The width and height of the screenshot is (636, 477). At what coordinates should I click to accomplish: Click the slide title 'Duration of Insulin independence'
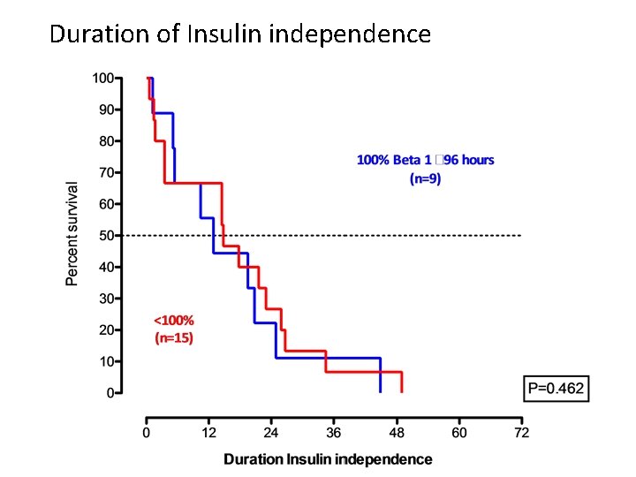click(240, 34)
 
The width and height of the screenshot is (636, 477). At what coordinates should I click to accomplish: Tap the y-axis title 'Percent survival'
click(72, 233)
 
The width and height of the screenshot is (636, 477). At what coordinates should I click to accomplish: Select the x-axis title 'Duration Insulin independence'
click(328, 459)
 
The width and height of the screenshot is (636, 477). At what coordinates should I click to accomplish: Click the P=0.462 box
click(556, 389)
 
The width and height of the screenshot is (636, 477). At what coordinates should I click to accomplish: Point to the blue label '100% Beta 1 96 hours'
click(425, 160)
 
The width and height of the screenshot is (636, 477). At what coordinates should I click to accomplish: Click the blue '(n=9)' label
click(425, 178)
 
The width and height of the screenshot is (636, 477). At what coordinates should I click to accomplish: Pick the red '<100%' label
click(174, 320)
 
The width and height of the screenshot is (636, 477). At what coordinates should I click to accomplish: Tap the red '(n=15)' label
click(174, 337)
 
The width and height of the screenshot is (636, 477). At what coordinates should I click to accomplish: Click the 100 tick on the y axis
click(102, 78)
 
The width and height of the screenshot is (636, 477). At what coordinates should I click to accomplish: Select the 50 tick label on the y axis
click(106, 235)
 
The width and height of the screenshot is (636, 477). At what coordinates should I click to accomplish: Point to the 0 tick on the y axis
click(110, 392)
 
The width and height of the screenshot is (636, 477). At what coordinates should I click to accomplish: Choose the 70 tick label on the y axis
click(106, 172)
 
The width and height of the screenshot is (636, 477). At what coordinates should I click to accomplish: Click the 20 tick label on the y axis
click(106, 329)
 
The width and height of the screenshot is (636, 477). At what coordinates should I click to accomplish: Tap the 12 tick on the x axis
click(209, 433)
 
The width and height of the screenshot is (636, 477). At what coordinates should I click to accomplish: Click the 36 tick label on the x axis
click(334, 433)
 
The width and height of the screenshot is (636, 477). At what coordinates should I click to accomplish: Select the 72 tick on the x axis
click(522, 433)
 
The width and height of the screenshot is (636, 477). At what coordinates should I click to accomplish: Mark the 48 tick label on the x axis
click(397, 433)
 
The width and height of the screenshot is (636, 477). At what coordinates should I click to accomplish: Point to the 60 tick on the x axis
click(459, 433)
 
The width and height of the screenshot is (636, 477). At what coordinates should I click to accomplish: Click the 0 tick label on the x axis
click(147, 433)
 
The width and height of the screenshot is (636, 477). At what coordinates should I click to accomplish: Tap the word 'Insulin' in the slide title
click(225, 34)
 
